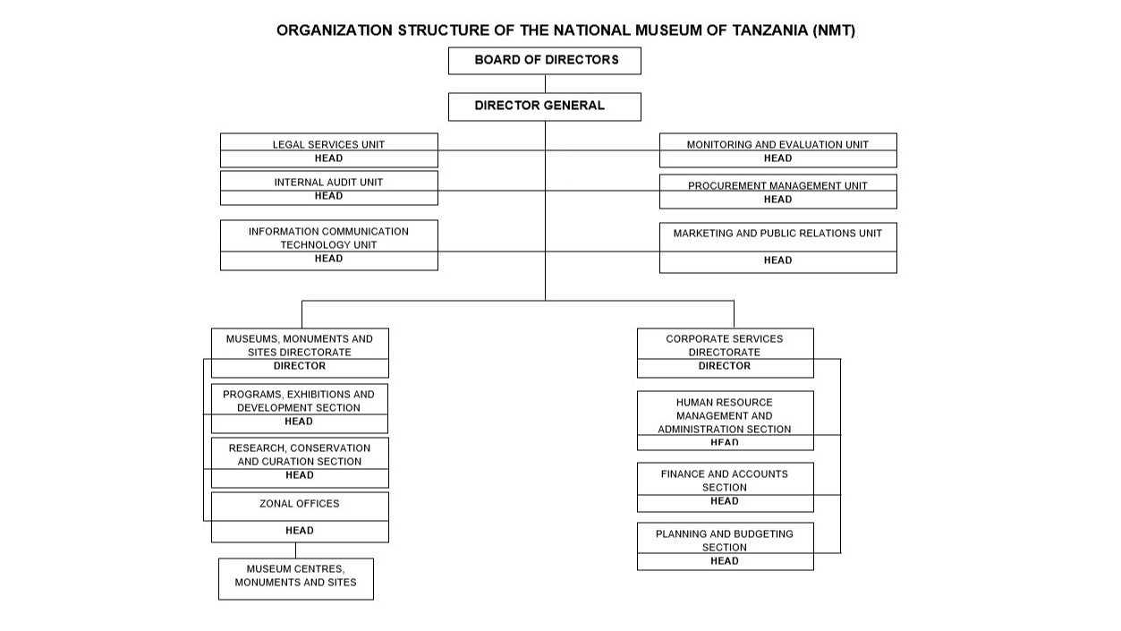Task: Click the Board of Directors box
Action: tap(545, 61)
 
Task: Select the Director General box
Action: tap(545, 107)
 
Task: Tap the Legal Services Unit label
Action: tap(328, 145)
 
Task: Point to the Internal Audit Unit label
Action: tap(328, 183)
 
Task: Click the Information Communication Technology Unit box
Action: tap(329, 245)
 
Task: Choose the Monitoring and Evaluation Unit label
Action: tap(777, 145)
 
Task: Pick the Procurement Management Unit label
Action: tap(777, 186)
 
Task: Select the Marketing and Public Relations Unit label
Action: tap(777, 234)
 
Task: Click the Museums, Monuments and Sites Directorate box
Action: tap(300, 353)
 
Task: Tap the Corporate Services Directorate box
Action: tap(726, 353)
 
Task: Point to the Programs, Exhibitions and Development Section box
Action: tap(300, 409)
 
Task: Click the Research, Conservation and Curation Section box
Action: tap(300, 463)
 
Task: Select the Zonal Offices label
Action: tap(300, 504)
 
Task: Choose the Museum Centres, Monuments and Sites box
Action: tap(296, 579)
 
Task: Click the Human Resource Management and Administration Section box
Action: tap(726, 421)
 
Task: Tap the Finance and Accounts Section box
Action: tap(726, 487)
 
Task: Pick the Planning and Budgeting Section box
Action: tap(726, 546)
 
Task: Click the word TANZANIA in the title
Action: tap(770, 30)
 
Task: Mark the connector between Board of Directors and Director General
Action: tap(545, 83)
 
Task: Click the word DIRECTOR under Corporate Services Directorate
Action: tap(725, 366)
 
